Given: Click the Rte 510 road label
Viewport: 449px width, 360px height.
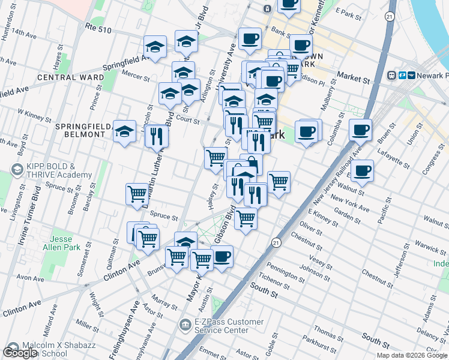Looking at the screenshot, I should pyautogui.click(x=98, y=28).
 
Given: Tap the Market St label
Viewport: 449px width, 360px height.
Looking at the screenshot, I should pyautogui.click(x=353, y=78).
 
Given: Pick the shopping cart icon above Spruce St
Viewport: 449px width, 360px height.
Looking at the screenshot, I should pyautogui.click(x=137, y=194).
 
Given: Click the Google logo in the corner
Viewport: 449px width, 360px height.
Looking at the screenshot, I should pyautogui.click(x=20, y=353).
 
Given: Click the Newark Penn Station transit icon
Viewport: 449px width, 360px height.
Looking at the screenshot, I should pyautogui.click(x=401, y=76).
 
